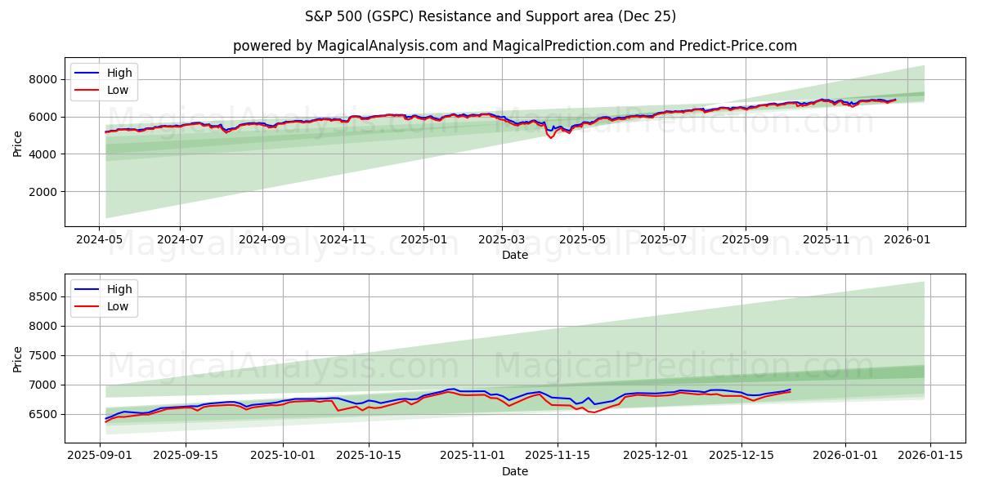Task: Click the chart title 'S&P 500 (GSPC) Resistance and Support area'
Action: click(490, 16)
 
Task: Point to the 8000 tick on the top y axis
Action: click(44, 79)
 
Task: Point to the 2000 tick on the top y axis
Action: click(44, 192)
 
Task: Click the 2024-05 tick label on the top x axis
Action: click(100, 240)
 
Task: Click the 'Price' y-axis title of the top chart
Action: click(18, 142)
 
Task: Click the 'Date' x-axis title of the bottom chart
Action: click(514, 471)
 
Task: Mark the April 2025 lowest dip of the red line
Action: click(550, 137)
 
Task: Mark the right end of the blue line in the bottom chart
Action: click(790, 390)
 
